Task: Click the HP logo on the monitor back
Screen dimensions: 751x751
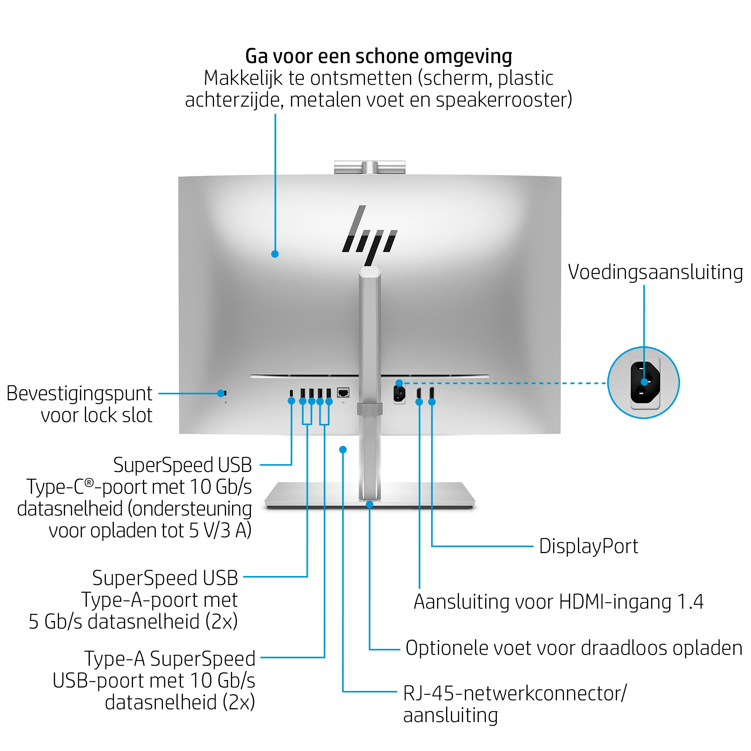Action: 369,235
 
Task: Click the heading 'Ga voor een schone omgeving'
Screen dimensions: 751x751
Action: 379,56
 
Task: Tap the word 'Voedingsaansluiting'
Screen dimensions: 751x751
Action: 655,272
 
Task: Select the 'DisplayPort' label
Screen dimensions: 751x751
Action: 588,546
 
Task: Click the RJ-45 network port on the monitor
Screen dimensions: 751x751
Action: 343,393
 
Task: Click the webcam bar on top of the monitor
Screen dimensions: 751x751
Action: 369,167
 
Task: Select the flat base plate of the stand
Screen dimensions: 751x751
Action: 369,496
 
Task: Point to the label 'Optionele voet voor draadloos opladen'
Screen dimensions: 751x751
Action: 574,648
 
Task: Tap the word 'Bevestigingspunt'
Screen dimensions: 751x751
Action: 79,394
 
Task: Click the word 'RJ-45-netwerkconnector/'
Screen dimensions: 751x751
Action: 515,694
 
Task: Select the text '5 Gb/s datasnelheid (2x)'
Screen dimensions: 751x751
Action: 133,621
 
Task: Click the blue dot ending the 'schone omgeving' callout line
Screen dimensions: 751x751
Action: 275,254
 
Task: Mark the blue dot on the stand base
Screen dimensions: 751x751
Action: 369,505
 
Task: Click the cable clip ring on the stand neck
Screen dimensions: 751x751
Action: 369,409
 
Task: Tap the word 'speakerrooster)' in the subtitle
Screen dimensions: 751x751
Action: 504,100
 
